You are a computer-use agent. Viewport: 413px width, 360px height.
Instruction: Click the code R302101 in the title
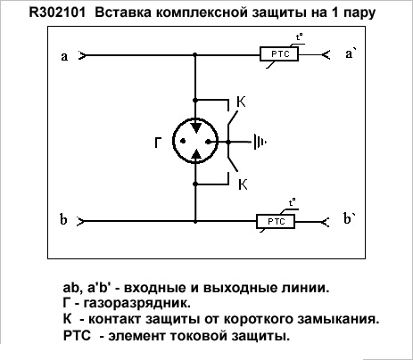(57, 12)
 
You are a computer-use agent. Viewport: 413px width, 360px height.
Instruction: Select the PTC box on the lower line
(276, 222)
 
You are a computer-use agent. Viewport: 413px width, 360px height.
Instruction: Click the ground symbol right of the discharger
(260, 143)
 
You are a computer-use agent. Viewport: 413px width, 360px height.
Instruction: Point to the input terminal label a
(64, 56)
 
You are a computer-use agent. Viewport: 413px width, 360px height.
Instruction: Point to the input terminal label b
(63, 220)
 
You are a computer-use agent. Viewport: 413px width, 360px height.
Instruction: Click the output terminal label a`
(351, 53)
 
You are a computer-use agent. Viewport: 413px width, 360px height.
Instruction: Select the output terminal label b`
(350, 218)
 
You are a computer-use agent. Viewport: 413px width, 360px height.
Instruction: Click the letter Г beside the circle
(158, 143)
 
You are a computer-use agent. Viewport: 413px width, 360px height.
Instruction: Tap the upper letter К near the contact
(241, 102)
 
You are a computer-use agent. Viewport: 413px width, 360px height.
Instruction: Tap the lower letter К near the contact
(243, 184)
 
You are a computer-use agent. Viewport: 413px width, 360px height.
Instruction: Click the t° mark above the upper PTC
(299, 37)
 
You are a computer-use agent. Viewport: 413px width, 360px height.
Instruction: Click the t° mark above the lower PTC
(293, 203)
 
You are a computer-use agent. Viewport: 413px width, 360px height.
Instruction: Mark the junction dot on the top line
(195, 55)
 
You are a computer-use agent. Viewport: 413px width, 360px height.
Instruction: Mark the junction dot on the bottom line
(195, 221)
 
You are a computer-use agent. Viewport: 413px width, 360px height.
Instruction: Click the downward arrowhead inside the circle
(195, 128)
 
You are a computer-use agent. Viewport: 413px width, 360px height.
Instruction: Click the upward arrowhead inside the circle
(195, 154)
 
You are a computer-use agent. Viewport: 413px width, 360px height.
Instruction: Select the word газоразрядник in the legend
(137, 304)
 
